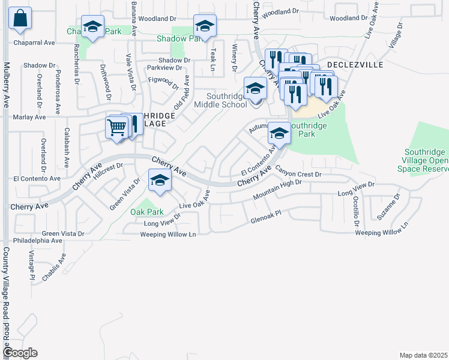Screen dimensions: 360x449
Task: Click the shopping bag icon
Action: coord(20,20)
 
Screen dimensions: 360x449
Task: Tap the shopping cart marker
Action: coord(117,127)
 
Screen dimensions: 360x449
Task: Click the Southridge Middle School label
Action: coord(227,100)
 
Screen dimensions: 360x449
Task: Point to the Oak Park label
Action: coord(147,212)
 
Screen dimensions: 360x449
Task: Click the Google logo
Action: coord(21,353)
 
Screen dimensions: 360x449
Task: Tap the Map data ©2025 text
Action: coord(423,355)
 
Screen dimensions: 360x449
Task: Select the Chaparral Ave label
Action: coord(34,43)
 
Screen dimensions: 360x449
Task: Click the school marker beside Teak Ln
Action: coord(205,27)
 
